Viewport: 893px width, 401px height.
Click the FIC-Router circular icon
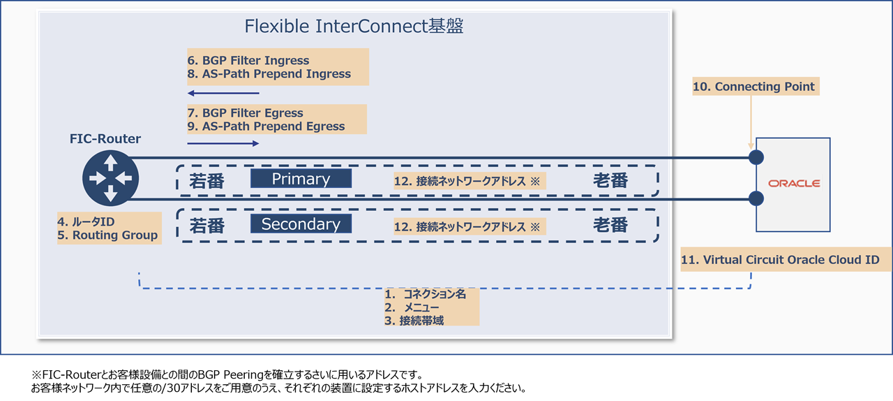click(110, 178)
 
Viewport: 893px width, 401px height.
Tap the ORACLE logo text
click(794, 184)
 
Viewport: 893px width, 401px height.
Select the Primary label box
click(301, 179)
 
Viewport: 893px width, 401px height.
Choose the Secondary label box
click(301, 224)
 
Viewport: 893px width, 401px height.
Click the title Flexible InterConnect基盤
click(354, 27)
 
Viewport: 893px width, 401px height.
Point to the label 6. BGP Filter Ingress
click(248, 60)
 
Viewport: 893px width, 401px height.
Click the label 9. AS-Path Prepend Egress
click(266, 126)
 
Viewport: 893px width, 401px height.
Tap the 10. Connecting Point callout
click(753, 87)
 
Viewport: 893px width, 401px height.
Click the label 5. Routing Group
click(109, 235)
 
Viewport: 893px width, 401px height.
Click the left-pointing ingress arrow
click(223, 93)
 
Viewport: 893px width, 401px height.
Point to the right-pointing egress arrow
click(223, 143)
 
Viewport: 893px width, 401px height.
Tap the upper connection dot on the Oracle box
click(756, 157)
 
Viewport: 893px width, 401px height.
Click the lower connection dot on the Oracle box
click(756, 198)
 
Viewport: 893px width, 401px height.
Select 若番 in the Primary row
click(207, 181)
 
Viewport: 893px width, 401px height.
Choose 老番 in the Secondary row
click(610, 226)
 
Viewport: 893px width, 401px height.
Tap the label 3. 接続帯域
click(414, 321)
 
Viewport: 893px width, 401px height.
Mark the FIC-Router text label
click(105, 139)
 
